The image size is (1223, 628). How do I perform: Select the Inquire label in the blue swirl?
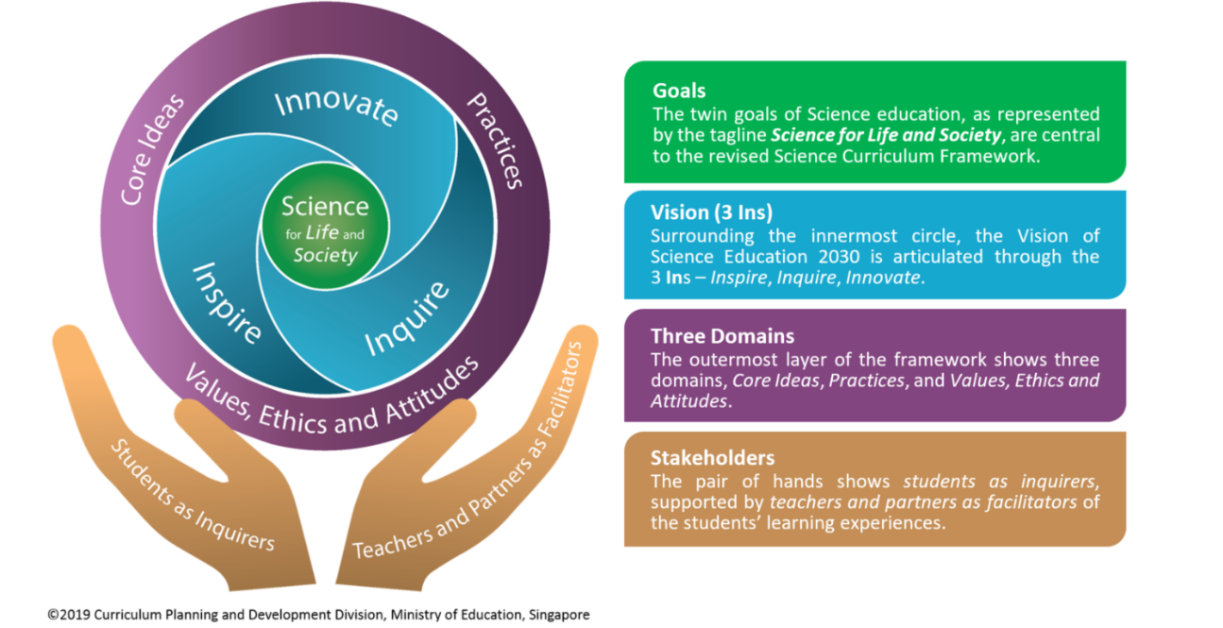coord(407,319)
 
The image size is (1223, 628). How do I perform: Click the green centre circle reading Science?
coord(325,228)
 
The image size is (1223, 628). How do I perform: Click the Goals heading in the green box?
coord(679,91)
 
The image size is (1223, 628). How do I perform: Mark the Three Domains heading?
coord(722,336)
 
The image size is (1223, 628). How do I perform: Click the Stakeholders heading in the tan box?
coord(712,458)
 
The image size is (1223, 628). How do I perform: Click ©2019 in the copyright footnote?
coord(69,614)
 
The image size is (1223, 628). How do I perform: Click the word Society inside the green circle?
coord(326,255)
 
